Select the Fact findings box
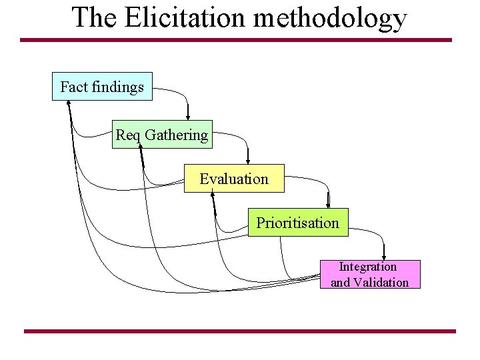point(102,87)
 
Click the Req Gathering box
point(162,135)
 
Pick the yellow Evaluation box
point(234,179)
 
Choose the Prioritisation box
point(298,222)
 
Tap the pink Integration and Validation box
point(370,274)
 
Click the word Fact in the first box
point(72,87)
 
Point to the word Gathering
point(177,135)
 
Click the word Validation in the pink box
point(381,282)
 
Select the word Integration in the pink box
point(368,267)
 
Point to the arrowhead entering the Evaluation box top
point(248,160)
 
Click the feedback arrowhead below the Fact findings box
point(69,103)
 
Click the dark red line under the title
point(236,40)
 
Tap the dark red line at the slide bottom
point(240,331)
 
